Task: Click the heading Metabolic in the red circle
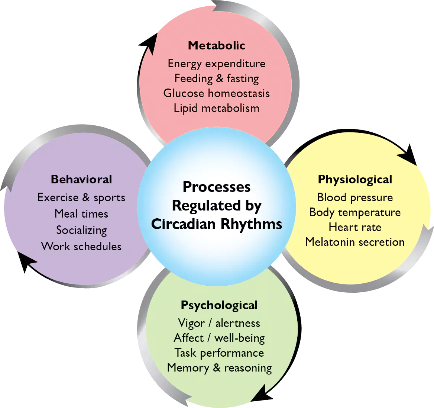(x=216, y=45)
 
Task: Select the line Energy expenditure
(x=216, y=64)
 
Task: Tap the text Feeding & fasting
(x=216, y=78)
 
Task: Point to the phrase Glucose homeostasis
(x=216, y=93)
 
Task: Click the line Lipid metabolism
(x=216, y=108)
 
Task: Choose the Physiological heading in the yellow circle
(x=355, y=180)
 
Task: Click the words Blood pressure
(x=355, y=197)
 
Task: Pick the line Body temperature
(x=355, y=212)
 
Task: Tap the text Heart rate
(x=355, y=227)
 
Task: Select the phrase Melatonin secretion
(x=355, y=242)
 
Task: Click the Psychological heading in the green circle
(x=219, y=305)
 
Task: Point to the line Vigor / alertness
(x=219, y=323)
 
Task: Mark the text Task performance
(x=219, y=353)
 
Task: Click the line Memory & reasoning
(x=219, y=368)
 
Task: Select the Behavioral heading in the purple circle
(x=81, y=179)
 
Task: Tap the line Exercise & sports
(x=81, y=197)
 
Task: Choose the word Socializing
(x=81, y=230)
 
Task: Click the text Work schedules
(x=81, y=246)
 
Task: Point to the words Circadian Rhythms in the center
(x=217, y=224)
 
